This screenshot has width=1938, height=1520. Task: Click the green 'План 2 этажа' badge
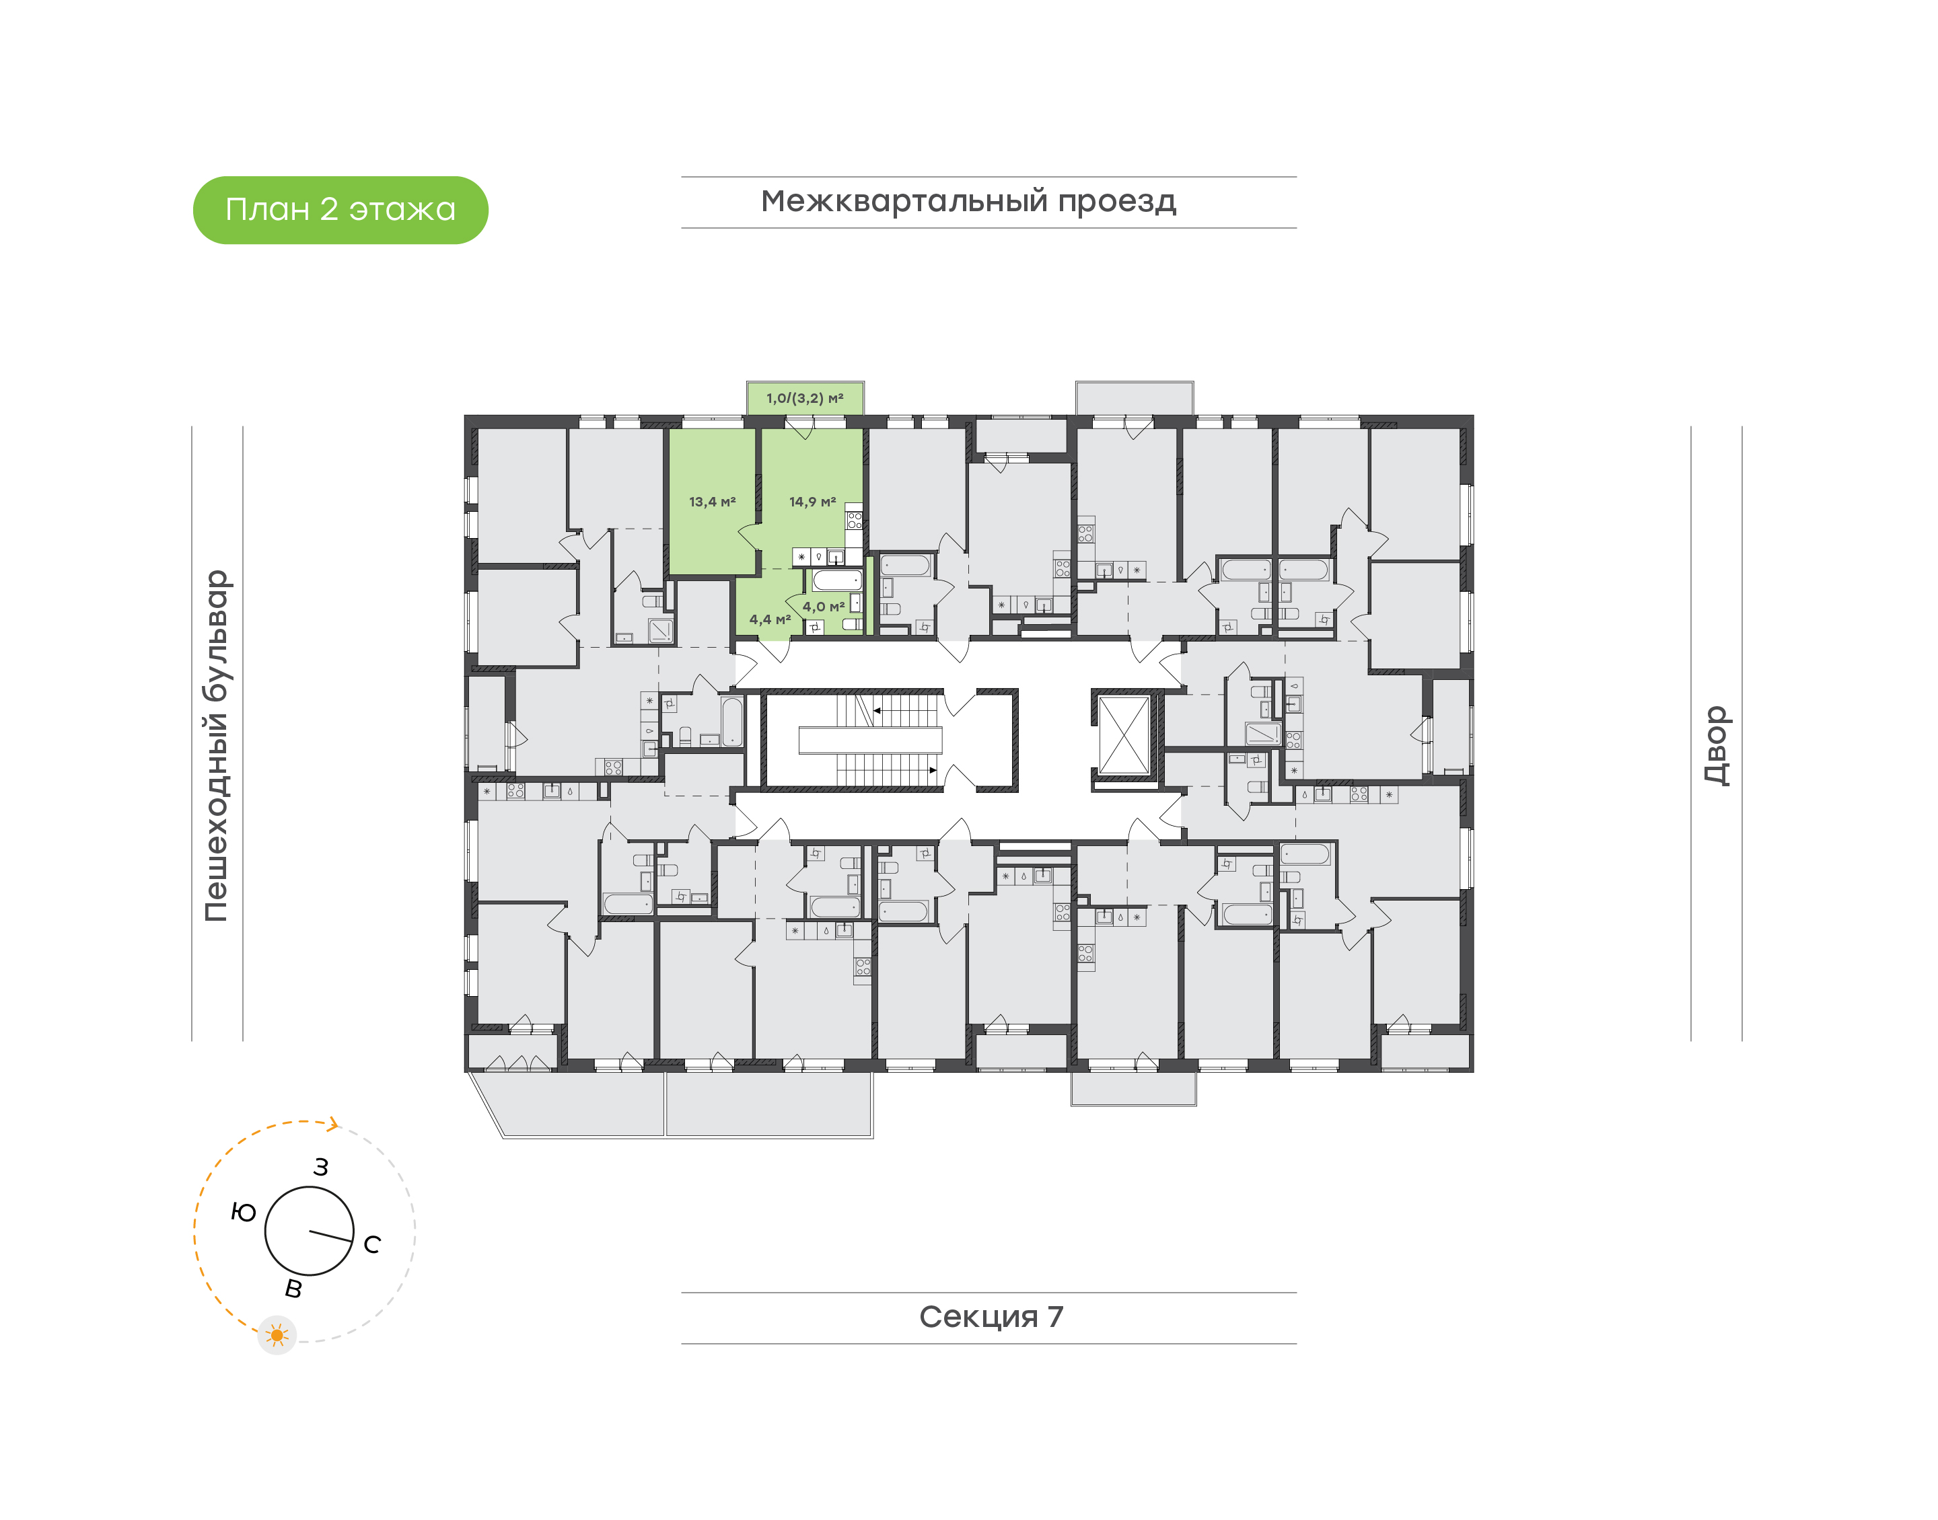340,210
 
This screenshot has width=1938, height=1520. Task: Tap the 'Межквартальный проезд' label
968,202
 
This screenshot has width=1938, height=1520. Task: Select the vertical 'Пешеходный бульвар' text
216,746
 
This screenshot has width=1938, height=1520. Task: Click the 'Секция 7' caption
990,1317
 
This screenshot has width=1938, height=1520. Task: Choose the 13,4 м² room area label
712,502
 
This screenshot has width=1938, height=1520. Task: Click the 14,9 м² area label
812,502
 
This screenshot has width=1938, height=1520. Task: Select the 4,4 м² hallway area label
770,619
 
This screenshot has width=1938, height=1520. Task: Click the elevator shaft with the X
1124,736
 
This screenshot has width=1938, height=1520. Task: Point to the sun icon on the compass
277,1335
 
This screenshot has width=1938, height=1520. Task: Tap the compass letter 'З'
322,1167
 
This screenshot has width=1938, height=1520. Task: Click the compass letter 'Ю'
243,1212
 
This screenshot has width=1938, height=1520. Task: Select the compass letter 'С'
372,1244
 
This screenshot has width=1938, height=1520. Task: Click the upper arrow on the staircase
877,710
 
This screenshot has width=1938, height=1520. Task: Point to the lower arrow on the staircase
932,771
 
